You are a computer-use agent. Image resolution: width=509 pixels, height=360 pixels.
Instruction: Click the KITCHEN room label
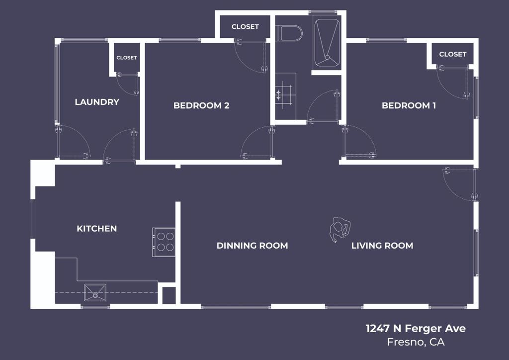[96, 229]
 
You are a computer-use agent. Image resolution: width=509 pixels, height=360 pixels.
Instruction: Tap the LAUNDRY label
[97, 102]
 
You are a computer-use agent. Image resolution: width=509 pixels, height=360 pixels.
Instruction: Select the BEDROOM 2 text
[201, 105]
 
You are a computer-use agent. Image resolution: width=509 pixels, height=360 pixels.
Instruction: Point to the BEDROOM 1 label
[409, 105]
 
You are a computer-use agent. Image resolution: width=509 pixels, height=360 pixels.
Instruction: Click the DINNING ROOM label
[252, 246]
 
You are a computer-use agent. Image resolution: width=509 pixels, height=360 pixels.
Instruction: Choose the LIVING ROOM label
[382, 246]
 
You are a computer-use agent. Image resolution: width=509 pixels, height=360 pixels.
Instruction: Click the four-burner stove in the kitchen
[164, 242]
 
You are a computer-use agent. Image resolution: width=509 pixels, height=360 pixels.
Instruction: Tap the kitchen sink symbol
[94, 292]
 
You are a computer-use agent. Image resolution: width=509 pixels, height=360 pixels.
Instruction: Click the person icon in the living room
[340, 230]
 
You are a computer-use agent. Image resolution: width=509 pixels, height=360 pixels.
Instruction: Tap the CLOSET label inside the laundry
[126, 58]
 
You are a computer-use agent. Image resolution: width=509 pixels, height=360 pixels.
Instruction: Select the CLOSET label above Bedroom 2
[245, 27]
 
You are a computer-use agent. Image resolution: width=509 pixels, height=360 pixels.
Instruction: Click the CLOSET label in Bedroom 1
[452, 54]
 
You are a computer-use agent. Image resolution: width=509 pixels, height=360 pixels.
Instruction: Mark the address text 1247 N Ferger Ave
[416, 328]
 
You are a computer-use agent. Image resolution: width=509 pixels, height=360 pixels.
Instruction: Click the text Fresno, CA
[416, 342]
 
